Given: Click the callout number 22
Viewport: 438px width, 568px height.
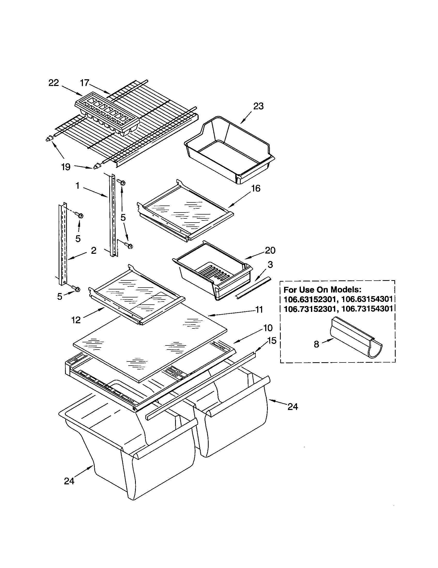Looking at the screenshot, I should pyautogui.click(x=54, y=83).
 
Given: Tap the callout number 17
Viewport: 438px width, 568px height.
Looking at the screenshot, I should pyautogui.click(x=84, y=83).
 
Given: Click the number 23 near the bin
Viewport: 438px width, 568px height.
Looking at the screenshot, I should pyautogui.click(x=258, y=106).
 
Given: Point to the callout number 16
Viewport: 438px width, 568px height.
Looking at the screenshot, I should pyautogui.click(x=256, y=188).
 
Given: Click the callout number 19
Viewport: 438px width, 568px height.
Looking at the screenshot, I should pyautogui.click(x=66, y=167).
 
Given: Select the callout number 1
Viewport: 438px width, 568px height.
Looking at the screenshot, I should pyautogui.click(x=77, y=186).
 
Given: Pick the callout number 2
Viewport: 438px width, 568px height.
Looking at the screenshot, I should pyautogui.click(x=94, y=250).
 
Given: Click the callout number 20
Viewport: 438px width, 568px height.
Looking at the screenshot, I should pyautogui.click(x=270, y=250).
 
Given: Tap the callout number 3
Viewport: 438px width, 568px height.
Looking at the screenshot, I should pyautogui.click(x=270, y=265).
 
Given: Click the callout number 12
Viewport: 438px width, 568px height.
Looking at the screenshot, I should pyautogui.click(x=76, y=320).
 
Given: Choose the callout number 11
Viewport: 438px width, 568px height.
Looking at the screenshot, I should pyautogui.click(x=259, y=310).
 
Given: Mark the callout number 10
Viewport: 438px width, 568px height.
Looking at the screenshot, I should pyautogui.click(x=268, y=328).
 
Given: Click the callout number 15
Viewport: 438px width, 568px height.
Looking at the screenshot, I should pyautogui.click(x=272, y=341).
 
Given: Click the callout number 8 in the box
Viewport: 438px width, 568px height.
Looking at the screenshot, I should pyautogui.click(x=316, y=344).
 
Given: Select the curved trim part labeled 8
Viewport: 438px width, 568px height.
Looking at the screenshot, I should pyautogui.click(x=356, y=338).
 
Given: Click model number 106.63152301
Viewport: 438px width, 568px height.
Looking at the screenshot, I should pyautogui.click(x=309, y=299).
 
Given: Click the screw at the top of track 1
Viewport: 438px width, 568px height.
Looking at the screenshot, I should pyautogui.click(x=121, y=182).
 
